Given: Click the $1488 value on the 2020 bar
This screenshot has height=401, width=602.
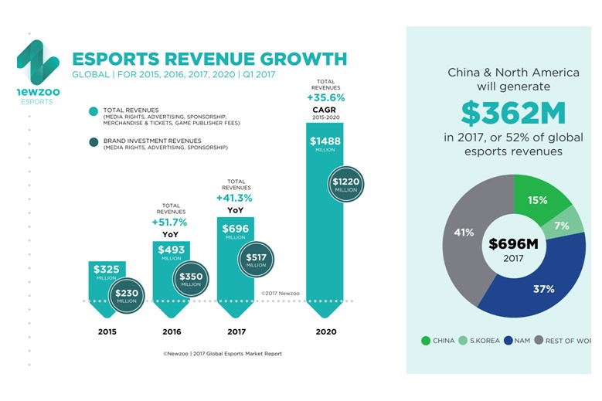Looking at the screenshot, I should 325,141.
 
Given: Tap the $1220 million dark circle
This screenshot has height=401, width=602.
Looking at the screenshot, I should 345,184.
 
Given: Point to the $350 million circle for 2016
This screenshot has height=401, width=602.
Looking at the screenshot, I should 190,280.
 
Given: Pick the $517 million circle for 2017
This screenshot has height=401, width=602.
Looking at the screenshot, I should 255,261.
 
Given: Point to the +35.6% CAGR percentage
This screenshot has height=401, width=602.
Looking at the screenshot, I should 325,98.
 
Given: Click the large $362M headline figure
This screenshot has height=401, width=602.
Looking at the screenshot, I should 514,113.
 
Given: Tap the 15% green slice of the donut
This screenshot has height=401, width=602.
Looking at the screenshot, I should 538,199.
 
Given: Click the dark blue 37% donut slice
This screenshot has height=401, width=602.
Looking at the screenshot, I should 541,287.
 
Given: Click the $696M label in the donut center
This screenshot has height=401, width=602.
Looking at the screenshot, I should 514,244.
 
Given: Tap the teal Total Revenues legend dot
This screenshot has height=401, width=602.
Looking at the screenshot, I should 94,111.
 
